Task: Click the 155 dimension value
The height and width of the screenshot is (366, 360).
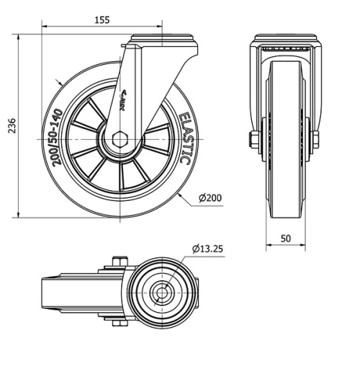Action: point(102,21)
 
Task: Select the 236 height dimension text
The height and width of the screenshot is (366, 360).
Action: point(10,126)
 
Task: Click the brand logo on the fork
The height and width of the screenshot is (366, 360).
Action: point(121,103)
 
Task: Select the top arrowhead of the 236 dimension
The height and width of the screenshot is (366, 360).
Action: point(18,37)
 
